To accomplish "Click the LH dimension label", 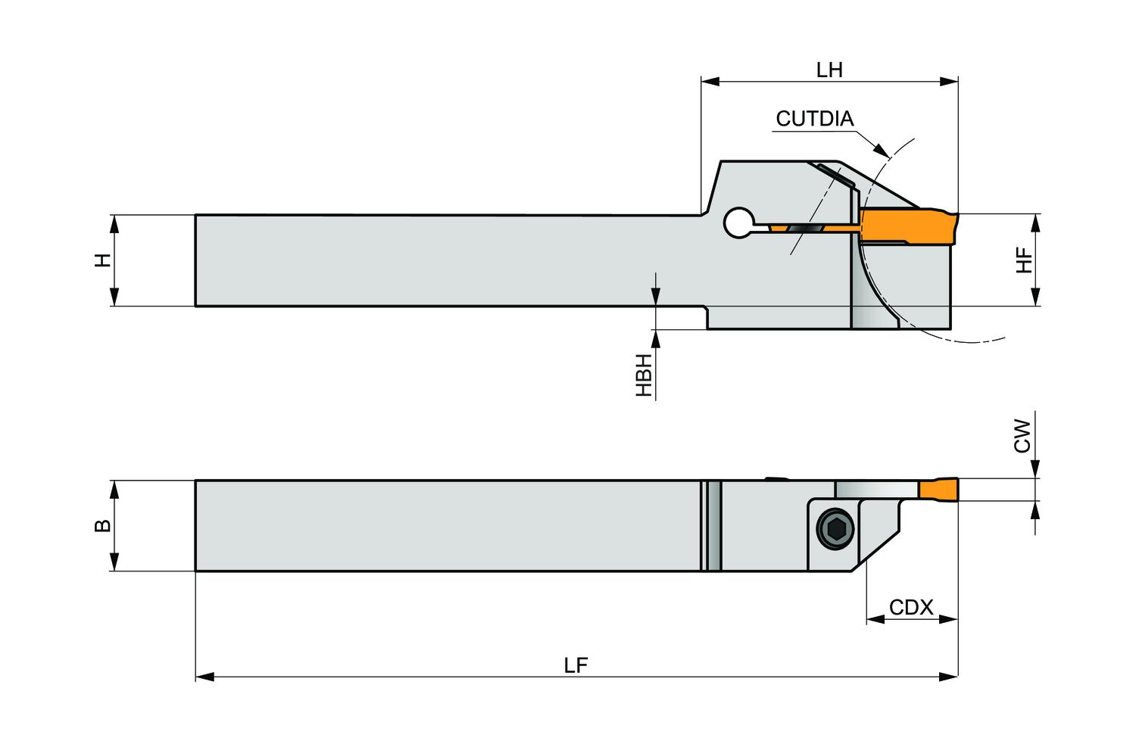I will (829, 70).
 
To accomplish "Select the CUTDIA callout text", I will (814, 119).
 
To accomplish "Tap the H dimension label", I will (103, 260).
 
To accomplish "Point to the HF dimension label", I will (1024, 260).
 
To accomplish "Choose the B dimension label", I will (103, 525).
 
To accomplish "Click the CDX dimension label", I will (911, 608).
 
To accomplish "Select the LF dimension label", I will (576, 665).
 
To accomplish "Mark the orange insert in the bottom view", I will (938, 490).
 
